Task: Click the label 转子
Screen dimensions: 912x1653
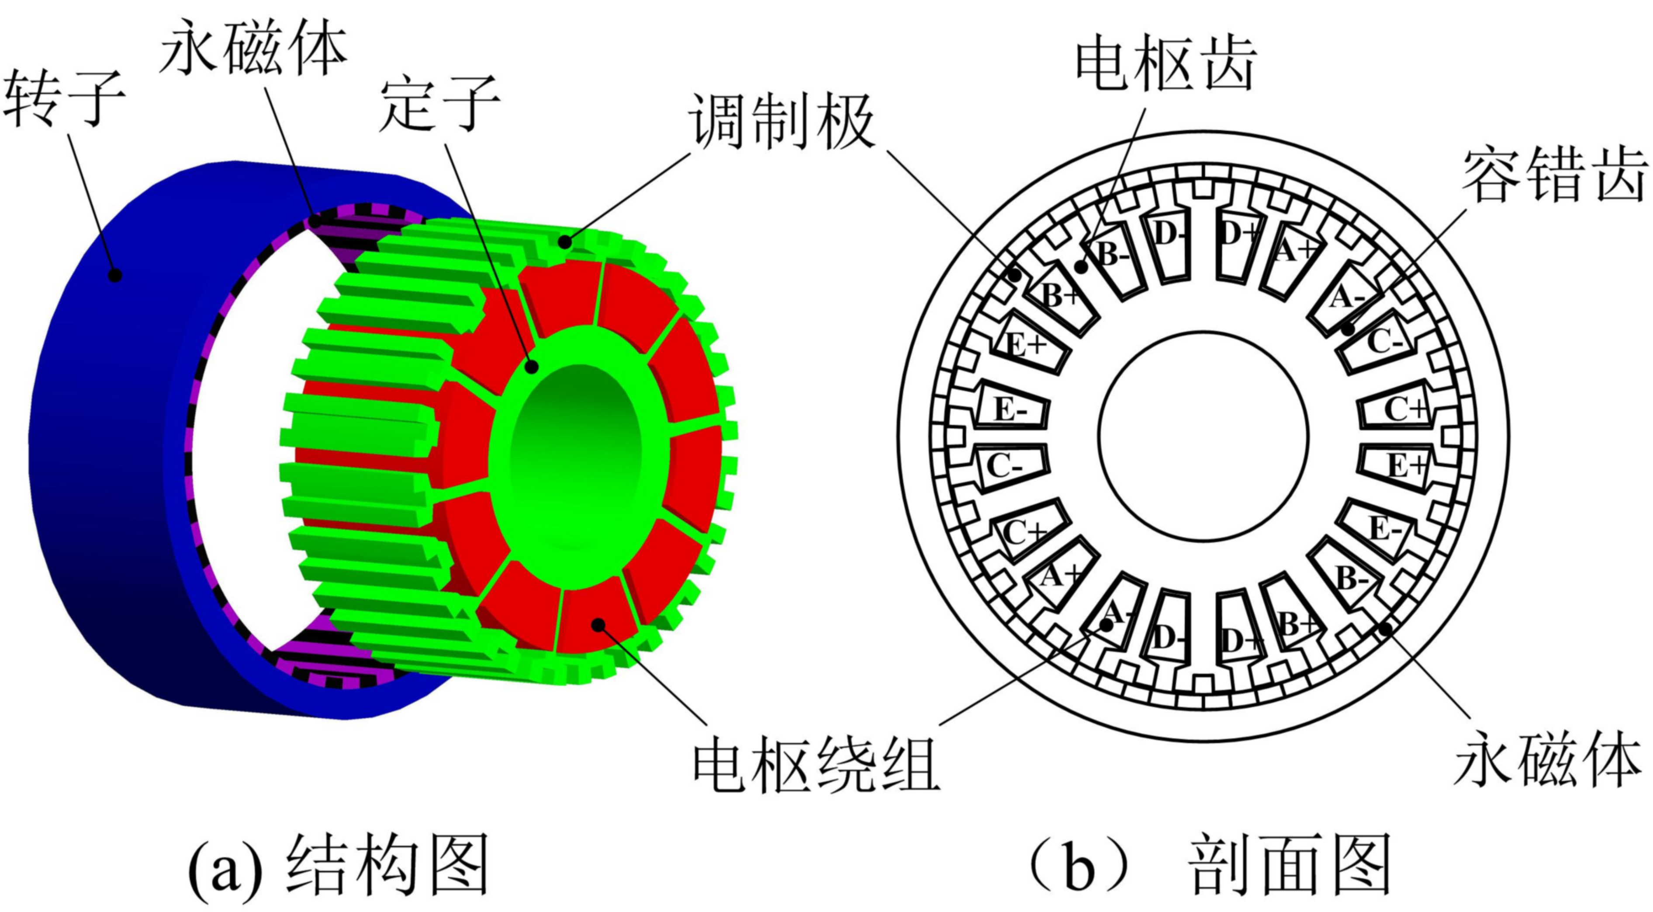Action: tap(64, 100)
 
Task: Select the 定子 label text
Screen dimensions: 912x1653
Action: tap(439, 106)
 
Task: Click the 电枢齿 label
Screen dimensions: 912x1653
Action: tap(1165, 64)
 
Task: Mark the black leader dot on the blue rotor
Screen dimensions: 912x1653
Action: tap(115, 275)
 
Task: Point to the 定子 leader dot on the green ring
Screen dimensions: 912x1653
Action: tap(531, 367)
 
